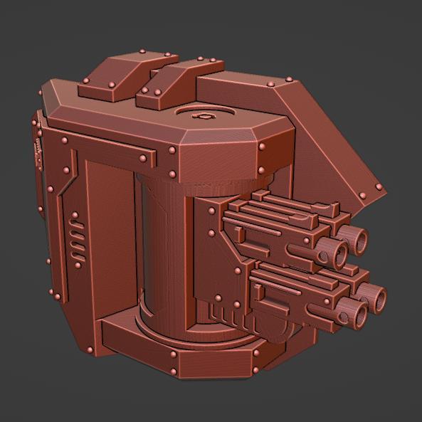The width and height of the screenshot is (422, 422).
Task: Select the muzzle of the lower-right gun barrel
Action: point(376,295)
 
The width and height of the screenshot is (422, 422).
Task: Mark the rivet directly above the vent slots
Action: point(75,214)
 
